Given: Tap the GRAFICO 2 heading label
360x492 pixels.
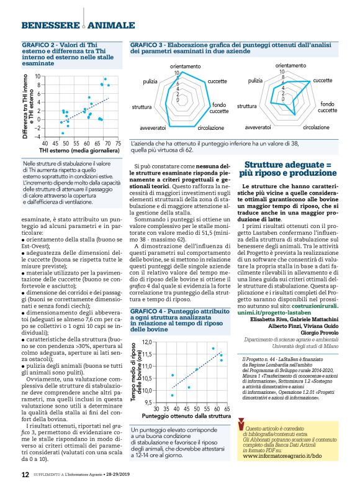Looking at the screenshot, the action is pyautogui.click(x=40, y=46).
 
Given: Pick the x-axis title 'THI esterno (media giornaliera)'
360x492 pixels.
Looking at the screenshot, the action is pyautogui.click(x=79, y=150).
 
